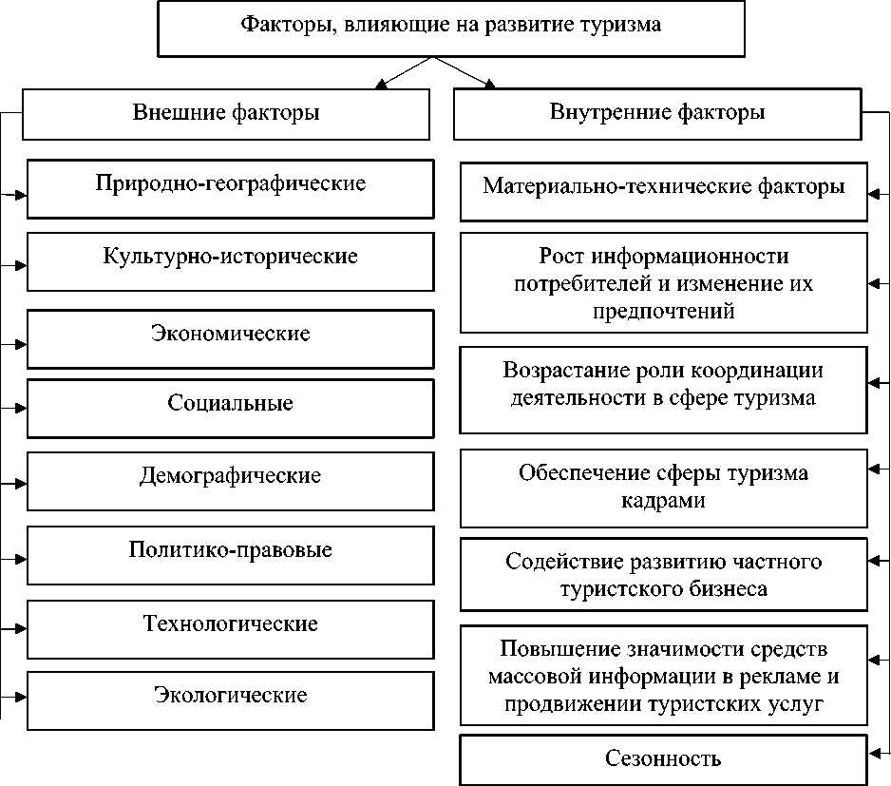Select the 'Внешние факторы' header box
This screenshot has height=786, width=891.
point(225,114)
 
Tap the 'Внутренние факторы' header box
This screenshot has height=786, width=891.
point(657,114)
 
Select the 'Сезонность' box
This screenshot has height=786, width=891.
point(663,759)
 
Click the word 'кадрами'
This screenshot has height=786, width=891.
point(663,500)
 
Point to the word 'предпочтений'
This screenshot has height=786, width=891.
point(663,311)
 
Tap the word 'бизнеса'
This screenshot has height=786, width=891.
point(723,588)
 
